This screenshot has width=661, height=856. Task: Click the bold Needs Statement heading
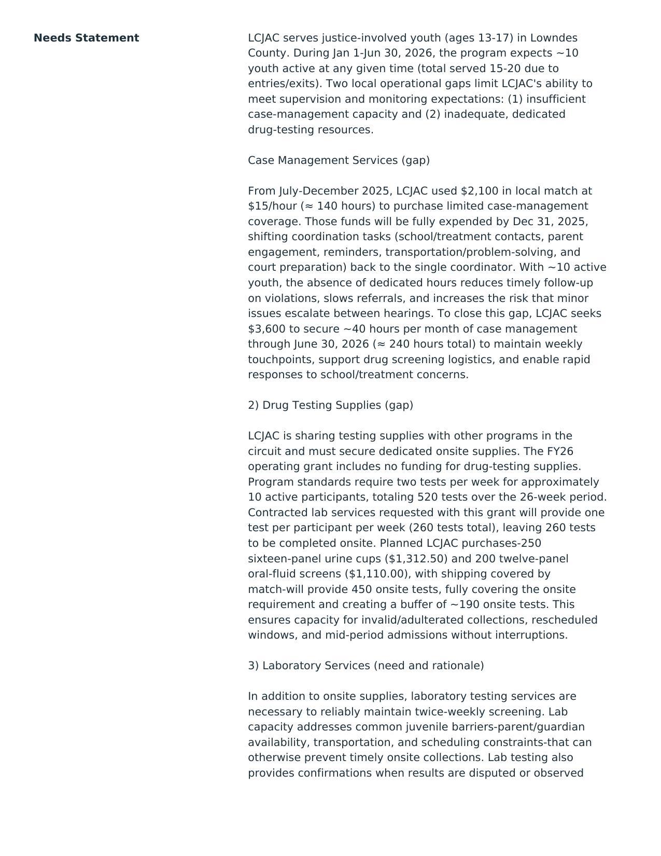pos(86,38)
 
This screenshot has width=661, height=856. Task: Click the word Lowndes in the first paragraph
pos(554,38)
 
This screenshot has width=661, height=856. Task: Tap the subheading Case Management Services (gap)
pos(339,160)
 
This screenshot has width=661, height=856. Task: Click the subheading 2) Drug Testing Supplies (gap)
pos(330,405)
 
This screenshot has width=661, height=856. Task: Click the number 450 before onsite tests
pos(361,589)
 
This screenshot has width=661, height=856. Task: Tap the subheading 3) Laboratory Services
pos(365,666)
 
